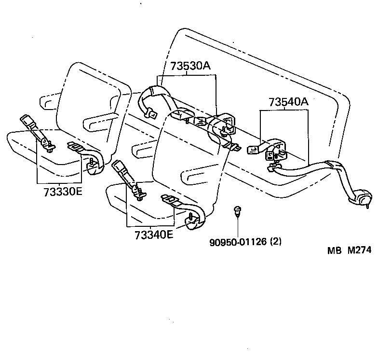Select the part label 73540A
point(288,102)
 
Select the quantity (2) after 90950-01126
point(275,241)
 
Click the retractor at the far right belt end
point(361,198)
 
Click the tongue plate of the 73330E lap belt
point(75,146)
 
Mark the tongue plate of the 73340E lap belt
point(169,199)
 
